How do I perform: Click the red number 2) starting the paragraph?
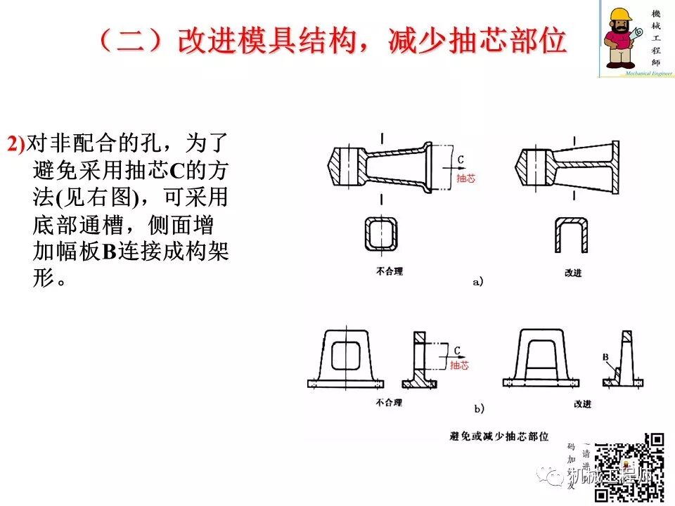click(16, 144)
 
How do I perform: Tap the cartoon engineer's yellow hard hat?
click(622, 15)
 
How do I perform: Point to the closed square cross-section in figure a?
click(380, 234)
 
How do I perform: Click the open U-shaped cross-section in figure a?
click(571, 235)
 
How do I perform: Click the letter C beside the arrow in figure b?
click(456, 350)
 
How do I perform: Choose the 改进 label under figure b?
click(582, 404)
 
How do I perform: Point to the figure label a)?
click(478, 282)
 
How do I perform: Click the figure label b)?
click(478, 408)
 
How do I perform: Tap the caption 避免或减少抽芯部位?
click(499, 436)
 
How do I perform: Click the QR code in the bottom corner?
click(629, 468)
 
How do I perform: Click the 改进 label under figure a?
click(573, 272)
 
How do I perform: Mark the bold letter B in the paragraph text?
click(109, 252)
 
